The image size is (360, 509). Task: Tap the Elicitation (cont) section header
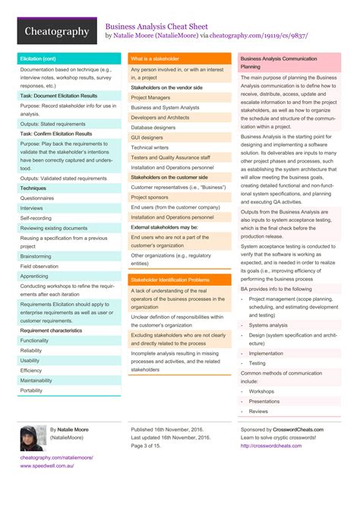(x=38, y=58)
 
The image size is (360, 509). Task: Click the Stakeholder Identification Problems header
(x=169, y=280)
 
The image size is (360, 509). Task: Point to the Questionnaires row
(x=37, y=198)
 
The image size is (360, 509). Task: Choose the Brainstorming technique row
(x=36, y=257)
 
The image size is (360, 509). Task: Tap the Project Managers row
(x=150, y=97)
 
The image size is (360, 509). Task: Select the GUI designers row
(x=147, y=138)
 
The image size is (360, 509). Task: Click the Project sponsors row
(x=149, y=197)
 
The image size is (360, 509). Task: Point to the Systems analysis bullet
(x=268, y=324)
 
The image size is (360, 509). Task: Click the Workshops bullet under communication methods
(x=262, y=391)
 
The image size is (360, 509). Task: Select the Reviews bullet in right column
(x=258, y=411)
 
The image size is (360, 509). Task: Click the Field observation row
(x=39, y=267)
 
